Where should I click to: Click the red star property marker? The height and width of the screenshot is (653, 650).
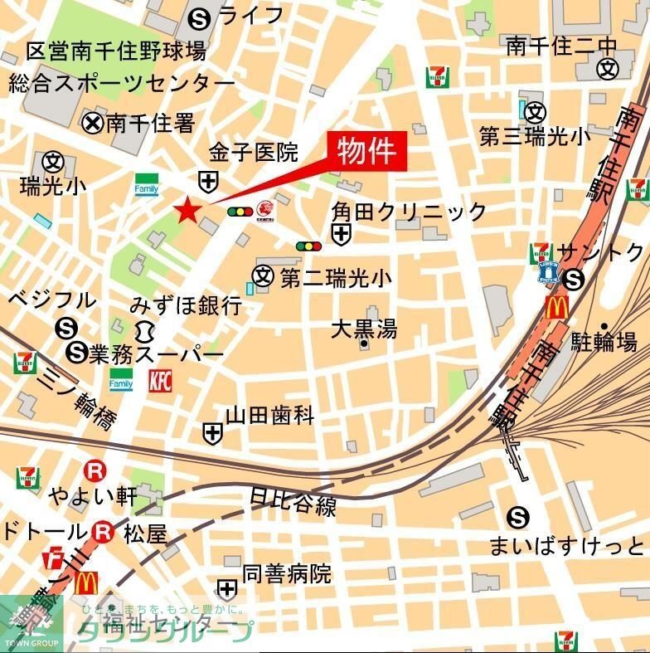(187, 211)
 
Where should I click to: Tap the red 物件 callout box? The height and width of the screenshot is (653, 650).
(365, 152)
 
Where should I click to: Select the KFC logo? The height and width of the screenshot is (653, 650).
(161, 381)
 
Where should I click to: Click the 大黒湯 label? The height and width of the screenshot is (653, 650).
(364, 329)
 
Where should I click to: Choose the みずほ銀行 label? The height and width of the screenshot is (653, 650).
(186, 305)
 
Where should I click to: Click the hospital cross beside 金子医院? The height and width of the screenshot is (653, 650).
(207, 180)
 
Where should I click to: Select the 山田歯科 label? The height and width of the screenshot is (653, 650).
(270, 416)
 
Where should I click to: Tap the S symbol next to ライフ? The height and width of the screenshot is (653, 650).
(199, 16)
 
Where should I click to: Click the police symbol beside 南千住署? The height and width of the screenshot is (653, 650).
(93, 124)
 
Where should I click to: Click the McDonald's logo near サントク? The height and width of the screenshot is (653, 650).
(556, 308)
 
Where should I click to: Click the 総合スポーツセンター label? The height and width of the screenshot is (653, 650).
(122, 85)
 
